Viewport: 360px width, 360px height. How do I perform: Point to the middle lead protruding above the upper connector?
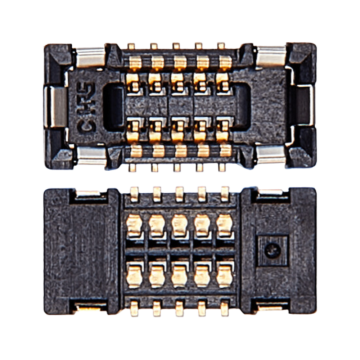pyautogui.click(x=177, y=47)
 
